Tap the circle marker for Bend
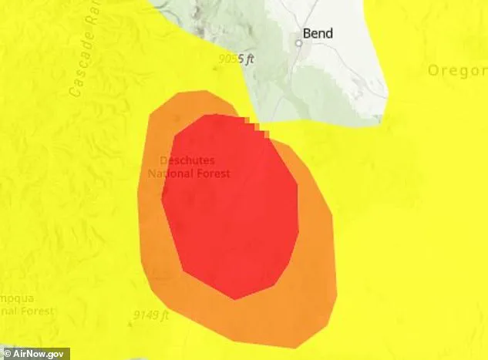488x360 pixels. point(299,43)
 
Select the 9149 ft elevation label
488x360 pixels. point(151,315)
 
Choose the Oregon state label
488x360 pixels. point(458,70)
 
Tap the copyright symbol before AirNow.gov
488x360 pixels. point(6,352)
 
